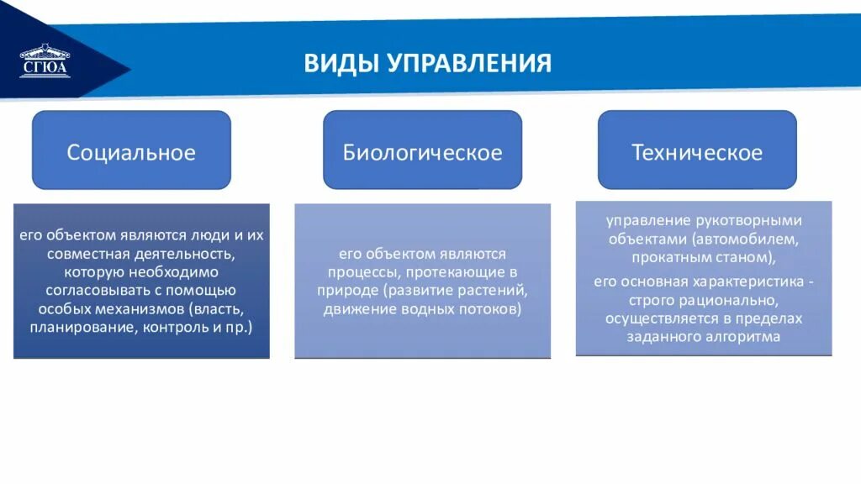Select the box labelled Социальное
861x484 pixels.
pyautogui.click(x=131, y=152)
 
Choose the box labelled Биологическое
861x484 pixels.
pyautogui.click(x=422, y=152)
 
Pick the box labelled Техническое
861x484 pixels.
pyautogui.click(x=697, y=152)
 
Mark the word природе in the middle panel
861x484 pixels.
pyautogui.click(x=345, y=291)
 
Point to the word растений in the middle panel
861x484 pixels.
pyautogui.click(x=492, y=291)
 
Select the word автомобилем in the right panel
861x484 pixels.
pyautogui.click(x=750, y=239)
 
